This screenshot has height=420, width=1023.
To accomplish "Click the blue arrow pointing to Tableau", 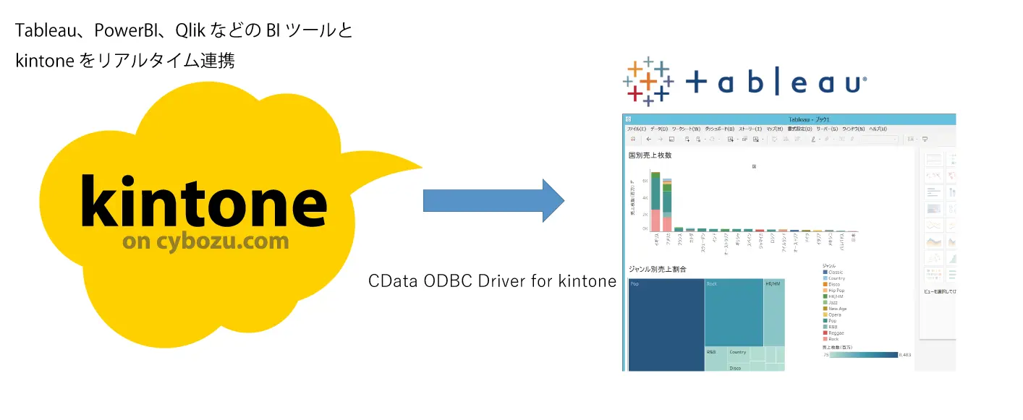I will pyautogui.click(x=492, y=200).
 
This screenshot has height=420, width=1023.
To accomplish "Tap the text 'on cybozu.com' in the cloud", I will pyautogui.click(x=205, y=241).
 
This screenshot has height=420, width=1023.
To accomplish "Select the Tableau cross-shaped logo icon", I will pyautogui.click(x=648, y=82).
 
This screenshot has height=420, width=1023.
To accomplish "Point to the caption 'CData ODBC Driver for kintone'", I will pyautogui.click(x=492, y=281).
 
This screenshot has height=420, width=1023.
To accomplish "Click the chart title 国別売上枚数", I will pyautogui.click(x=650, y=155).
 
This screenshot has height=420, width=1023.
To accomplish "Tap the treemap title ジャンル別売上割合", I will pyautogui.click(x=657, y=269).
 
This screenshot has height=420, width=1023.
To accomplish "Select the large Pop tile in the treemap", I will pyautogui.click(x=666, y=325).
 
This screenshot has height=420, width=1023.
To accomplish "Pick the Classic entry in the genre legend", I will pyautogui.click(x=836, y=272).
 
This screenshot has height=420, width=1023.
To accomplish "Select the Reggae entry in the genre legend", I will pyautogui.click(x=836, y=333).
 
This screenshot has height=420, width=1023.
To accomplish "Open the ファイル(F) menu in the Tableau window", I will pyautogui.click(x=636, y=129).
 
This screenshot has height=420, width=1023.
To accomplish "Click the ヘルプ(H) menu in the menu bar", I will pyautogui.click(x=877, y=129).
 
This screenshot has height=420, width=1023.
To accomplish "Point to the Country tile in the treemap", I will pyautogui.click(x=738, y=353).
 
